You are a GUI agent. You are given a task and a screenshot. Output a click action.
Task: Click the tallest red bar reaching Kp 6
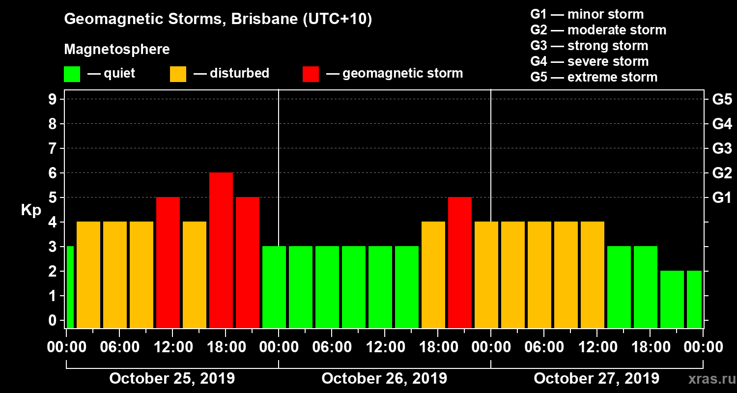[221, 251]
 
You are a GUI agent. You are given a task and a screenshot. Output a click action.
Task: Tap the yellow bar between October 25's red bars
[195, 275]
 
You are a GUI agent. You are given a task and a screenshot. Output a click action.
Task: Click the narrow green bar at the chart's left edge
[70, 287]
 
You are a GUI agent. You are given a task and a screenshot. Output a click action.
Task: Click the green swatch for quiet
[72, 74]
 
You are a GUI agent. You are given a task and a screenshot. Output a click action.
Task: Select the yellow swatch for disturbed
[178, 74]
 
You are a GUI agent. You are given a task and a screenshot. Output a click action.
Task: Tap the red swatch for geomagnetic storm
[311, 74]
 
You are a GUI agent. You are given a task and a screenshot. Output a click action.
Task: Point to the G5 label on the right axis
[722, 100]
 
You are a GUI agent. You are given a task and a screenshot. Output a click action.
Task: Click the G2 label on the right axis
[722, 173]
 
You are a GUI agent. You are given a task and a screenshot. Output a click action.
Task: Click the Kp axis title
[31, 210]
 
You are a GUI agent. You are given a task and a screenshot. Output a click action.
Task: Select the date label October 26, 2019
[384, 379]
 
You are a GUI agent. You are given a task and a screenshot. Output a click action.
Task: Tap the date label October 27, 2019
[596, 379]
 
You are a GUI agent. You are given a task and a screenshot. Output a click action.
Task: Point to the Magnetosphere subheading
[117, 50]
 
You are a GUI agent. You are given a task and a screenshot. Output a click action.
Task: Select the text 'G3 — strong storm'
[589, 46]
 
